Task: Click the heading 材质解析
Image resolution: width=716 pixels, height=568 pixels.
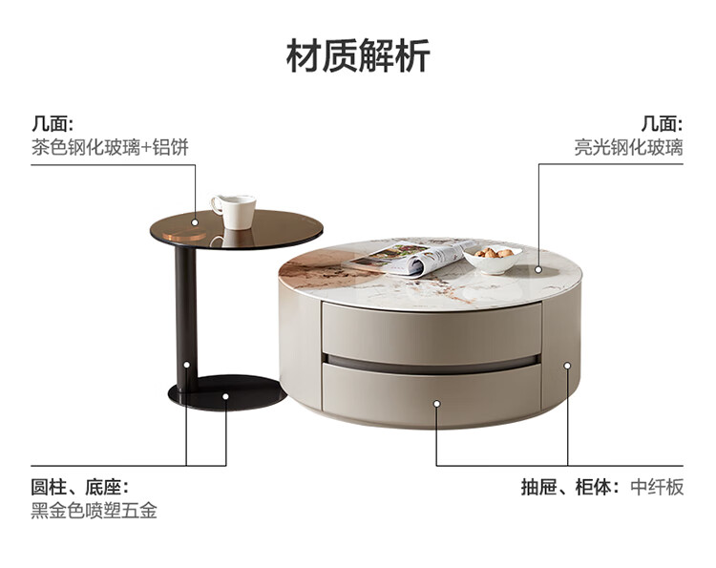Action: tap(358, 55)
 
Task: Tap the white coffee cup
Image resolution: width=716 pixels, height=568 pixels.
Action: tap(234, 211)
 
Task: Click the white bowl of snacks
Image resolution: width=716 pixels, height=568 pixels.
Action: tap(493, 258)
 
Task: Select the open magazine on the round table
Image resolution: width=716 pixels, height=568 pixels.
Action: tap(408, 258)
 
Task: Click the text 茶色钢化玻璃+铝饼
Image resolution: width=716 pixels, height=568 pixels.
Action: tap(110, 147)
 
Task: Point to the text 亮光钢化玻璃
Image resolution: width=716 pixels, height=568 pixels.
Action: tap(629, 147)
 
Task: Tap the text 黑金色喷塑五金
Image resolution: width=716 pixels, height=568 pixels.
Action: tap(95, 511)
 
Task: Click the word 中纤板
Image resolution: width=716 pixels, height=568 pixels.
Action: tap(657, 487)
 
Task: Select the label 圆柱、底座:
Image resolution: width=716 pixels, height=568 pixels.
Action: tap(80, 487)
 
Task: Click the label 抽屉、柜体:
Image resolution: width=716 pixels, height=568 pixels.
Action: tap(570, 487)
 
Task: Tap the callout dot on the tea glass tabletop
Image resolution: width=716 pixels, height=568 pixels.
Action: tap(195, 222)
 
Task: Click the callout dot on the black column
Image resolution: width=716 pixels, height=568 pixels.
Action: tap(187, 365)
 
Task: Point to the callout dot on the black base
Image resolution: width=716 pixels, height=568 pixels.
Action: tap(225, 396)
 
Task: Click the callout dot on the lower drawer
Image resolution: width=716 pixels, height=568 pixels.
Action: tap(436, 404)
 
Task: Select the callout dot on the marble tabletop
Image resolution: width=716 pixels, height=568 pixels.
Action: tap(538, 269)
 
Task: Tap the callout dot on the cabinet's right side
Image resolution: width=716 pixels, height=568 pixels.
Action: tap(567, 366)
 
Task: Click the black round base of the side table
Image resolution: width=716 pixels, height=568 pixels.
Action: tap(226, 392)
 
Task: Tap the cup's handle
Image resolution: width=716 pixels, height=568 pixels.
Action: tap(216, 204)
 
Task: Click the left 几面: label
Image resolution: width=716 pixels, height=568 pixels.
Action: tap(53, 124)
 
